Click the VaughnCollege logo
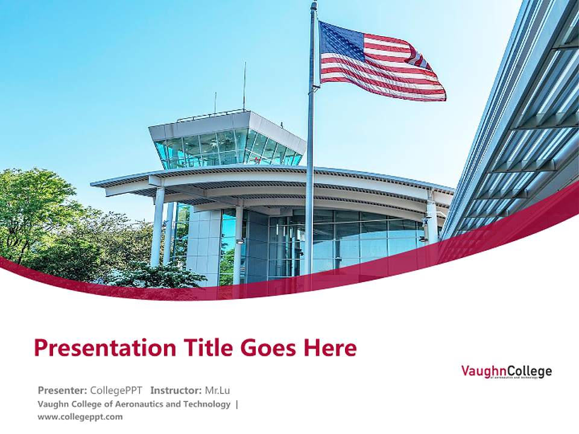coord(506,371)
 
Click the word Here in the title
coord(330,348)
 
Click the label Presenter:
coord(63,389)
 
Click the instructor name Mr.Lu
coord(217,389)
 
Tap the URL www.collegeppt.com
coord(80,417)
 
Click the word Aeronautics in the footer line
coord(136,404)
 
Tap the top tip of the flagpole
coord(314,4)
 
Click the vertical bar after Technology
coord(236,404)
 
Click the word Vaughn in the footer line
coord(52,404)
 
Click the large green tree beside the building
coord(36,217)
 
